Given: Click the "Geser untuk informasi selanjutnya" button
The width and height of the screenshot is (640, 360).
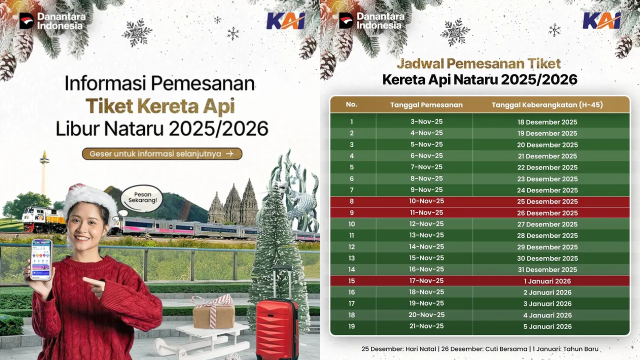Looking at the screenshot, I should pos(162,153).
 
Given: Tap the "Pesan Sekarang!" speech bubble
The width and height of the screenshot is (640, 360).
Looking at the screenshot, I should pos(142,198).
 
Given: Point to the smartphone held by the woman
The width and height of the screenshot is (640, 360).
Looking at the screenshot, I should pos(41,259).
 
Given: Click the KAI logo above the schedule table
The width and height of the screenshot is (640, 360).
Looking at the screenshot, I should pos(601,21).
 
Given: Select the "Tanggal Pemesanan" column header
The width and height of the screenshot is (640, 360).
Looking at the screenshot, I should pos(426,105).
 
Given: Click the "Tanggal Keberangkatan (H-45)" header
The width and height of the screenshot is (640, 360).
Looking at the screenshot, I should pos(547,105).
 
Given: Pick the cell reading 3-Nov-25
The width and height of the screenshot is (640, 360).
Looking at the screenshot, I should pos(426,121).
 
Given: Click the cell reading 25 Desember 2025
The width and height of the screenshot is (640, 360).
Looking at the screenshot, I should pos(547,201).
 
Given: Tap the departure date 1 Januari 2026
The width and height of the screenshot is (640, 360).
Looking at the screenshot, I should pos(547,281).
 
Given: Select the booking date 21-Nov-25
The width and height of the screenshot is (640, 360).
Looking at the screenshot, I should pos(426,326).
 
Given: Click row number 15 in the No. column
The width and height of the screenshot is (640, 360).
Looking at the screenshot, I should pos(351,281).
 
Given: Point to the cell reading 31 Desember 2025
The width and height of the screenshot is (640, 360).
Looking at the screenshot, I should pos(547,269).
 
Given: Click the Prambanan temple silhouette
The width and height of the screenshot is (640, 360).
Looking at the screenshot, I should pos(234,203).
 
